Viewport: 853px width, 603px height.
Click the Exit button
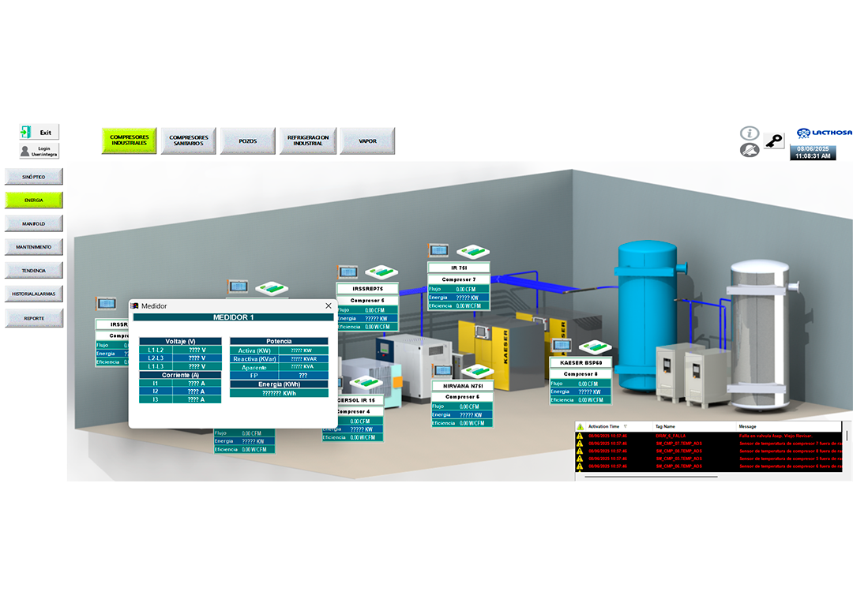39,133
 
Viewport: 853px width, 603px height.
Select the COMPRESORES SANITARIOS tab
189,140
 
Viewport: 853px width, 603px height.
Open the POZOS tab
248,140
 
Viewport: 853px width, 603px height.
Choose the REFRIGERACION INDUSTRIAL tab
308,140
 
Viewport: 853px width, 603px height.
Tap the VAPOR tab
367,140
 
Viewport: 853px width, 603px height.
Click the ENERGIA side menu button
34,200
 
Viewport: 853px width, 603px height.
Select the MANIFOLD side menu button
34,224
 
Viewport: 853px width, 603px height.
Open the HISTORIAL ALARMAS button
34,294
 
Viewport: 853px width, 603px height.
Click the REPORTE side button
34,318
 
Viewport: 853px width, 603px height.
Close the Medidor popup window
329,305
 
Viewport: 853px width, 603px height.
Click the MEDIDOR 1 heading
234,317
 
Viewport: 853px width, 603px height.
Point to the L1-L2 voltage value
197,349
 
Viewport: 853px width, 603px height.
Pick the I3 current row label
156,399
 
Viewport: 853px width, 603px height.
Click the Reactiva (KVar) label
254,358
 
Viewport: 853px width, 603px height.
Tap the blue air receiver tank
647,316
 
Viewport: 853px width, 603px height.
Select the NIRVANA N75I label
462,386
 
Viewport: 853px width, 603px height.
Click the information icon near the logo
749,133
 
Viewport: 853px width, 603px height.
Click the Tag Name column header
665,426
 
